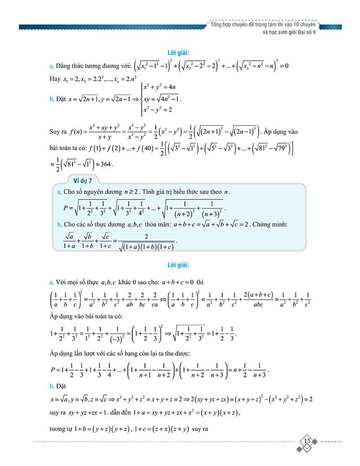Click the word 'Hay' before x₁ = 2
click(x=56, y=79)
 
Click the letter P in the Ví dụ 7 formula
click(x=66, y=208)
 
